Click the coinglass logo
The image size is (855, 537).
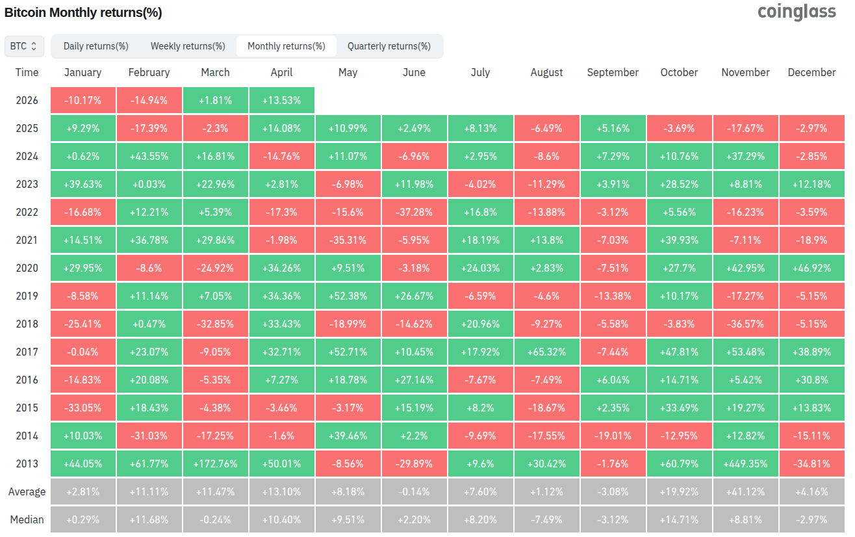[x=797, y=12]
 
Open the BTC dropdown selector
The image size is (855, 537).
[x=24, y=46]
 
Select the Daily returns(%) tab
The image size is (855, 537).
[x=96, y=46]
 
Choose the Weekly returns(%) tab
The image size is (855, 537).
[x=188, y=46]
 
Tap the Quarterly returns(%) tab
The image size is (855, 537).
[x=389, y=46]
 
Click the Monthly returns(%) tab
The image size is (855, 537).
[x=287, y=46]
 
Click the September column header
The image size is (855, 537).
[x=613, y=72]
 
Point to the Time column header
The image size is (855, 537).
[x=27, y=72]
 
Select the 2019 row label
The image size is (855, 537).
[x=27, y=296]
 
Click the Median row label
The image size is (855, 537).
[x=27, y=519]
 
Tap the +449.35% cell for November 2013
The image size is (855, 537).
[x=745, y=464]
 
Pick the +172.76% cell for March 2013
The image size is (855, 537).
[x=215, y=464]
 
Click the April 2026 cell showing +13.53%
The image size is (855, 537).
[x=282, y=101]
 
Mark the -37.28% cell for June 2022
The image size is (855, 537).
[x=414, y=212]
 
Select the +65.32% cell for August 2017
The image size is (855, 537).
[x=546, y=352]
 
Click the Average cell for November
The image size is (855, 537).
[x=745, y=491]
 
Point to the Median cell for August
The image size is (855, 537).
[x=546, y=519]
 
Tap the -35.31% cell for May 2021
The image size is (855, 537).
[x=348, y=240]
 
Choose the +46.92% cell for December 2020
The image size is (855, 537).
[x=812, y=268]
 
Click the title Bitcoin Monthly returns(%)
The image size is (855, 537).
[x=83, y=12]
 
